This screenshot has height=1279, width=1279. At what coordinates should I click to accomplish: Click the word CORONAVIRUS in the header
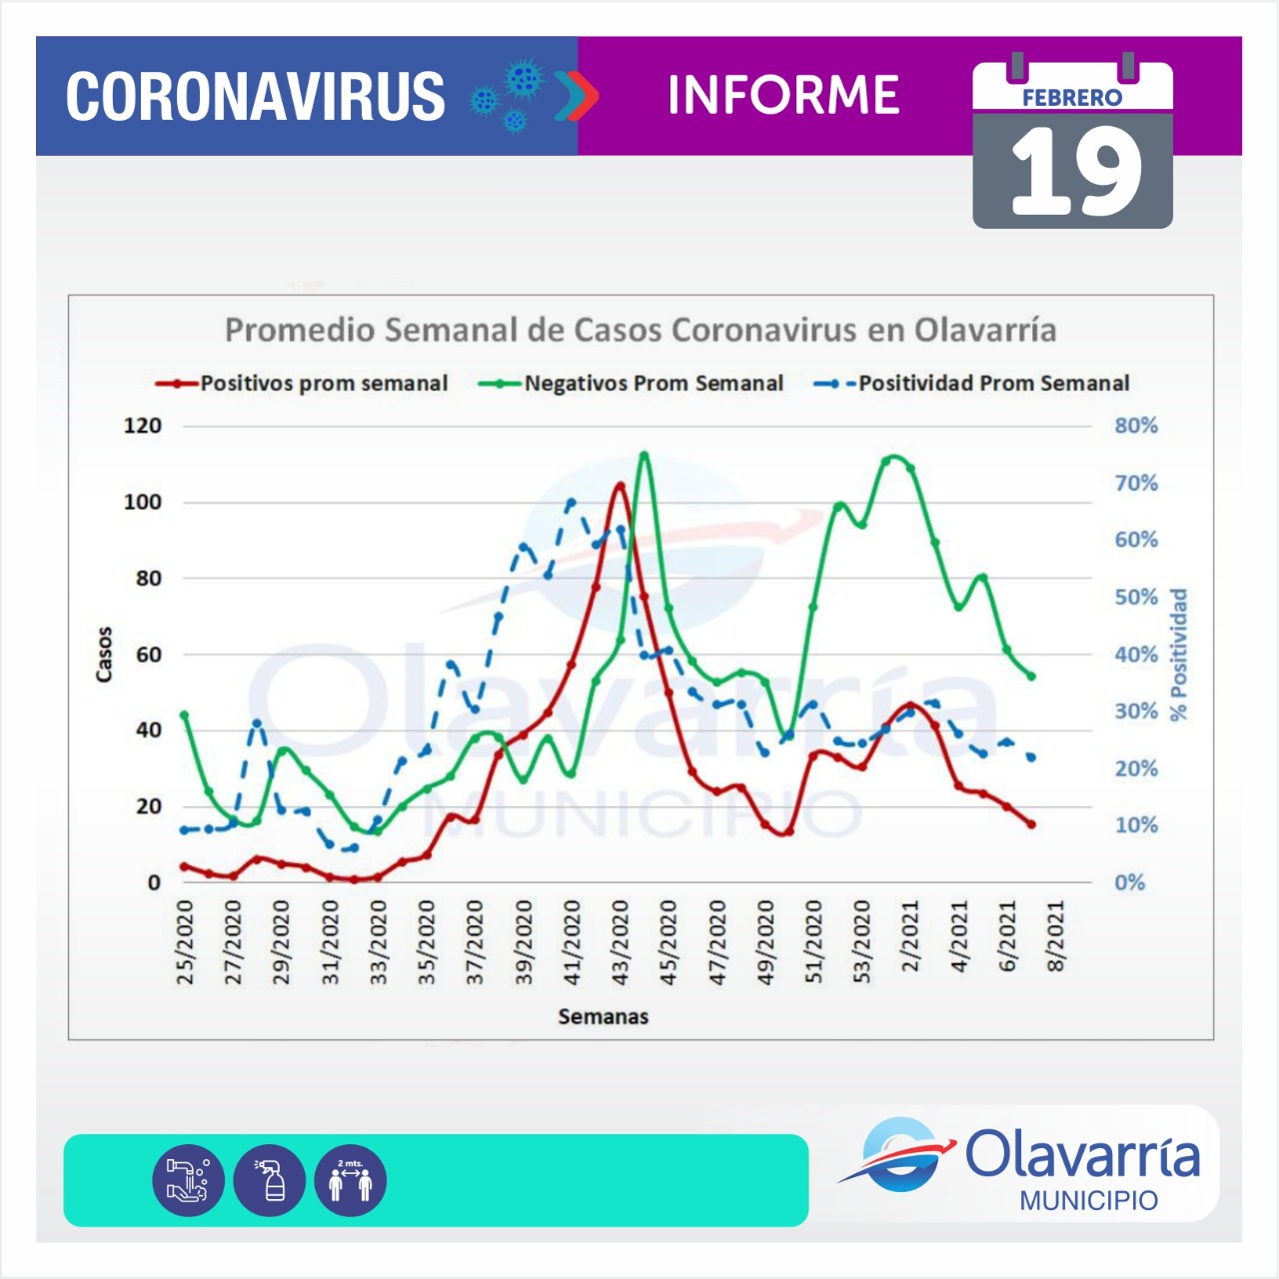pyautogui.click(x=255, y=96)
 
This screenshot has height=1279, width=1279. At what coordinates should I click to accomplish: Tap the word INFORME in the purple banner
pyautogui.click(x=783, y=95)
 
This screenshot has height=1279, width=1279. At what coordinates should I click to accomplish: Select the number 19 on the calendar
pyautogui.click(x=1075, y=174)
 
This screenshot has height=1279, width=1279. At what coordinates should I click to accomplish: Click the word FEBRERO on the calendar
pyautogui.click(x=1072, y=98)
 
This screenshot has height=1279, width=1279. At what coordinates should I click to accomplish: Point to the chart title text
pyautogui.click(x=639, y=330)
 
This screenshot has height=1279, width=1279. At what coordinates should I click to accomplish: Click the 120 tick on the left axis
pyautogui.click(x=142, y=426)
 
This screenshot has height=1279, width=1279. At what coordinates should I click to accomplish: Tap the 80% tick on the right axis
pyautogui.click(x=1136, y=426)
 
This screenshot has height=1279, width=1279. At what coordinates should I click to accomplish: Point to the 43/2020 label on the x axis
pyautogui.click(x=621, y=942)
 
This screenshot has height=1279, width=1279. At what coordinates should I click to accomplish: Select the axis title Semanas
pyautogui.click(x=603, y=1016)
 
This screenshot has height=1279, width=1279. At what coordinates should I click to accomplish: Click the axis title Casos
pyautogui.click(x=104, y=654)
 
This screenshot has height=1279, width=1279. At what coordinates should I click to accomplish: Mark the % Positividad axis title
pyautogui.click(x=1179, y=654)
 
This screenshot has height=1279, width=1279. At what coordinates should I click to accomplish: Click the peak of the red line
pyautogui.click(x=621, y=486)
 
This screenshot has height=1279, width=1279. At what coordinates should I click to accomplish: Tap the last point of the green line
pyautogui.click(x=1031, y=676)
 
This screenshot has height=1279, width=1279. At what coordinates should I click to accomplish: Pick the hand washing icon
pyautogui.click(x=188, y=1180)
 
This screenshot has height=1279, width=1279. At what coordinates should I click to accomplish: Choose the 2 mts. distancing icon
pyautogui.click(x=350, y=1180)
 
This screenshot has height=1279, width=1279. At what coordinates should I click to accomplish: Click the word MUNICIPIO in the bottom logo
pyautogui.click(x=1088, y=1200)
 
